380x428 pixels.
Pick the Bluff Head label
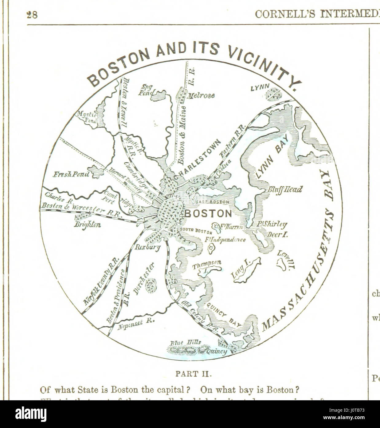285,189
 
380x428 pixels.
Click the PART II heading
190,374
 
